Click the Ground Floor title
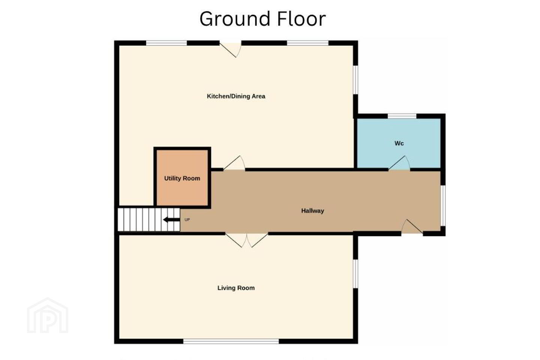(262, 19)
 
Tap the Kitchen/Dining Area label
(236, 96)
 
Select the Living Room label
(236, 288)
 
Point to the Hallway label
(312, 211)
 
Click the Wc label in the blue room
(399, 143)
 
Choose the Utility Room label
(182, 178)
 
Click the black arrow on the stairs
(171, 220)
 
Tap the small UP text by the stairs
(187, 220)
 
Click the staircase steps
(149, 219)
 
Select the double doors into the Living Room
(247, 240)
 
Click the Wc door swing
(399, 163)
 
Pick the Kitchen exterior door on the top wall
(231, 50)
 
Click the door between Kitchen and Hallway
(234, 163)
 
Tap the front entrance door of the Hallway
(412, 226)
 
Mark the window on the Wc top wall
(402, 116)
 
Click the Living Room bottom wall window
(231, 341)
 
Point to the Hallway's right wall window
(443, 205)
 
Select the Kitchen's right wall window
(355, 80)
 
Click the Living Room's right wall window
(355, 273)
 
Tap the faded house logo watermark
(48, 315)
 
